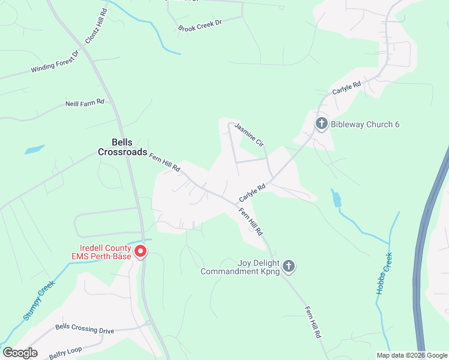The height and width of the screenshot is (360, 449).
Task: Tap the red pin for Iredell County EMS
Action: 140,251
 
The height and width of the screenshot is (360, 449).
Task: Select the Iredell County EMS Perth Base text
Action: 106,252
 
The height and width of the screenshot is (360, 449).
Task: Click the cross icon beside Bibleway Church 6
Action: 322,124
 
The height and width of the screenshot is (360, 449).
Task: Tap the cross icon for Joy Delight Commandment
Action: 289,266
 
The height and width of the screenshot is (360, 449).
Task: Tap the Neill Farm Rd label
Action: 85,103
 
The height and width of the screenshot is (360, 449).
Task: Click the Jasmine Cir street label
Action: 249,134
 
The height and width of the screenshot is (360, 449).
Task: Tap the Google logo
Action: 20,353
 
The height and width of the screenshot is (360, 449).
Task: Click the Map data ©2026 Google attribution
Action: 412,355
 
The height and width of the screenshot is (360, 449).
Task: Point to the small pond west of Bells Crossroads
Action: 34,149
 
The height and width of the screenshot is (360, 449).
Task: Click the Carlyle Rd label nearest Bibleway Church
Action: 346,88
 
